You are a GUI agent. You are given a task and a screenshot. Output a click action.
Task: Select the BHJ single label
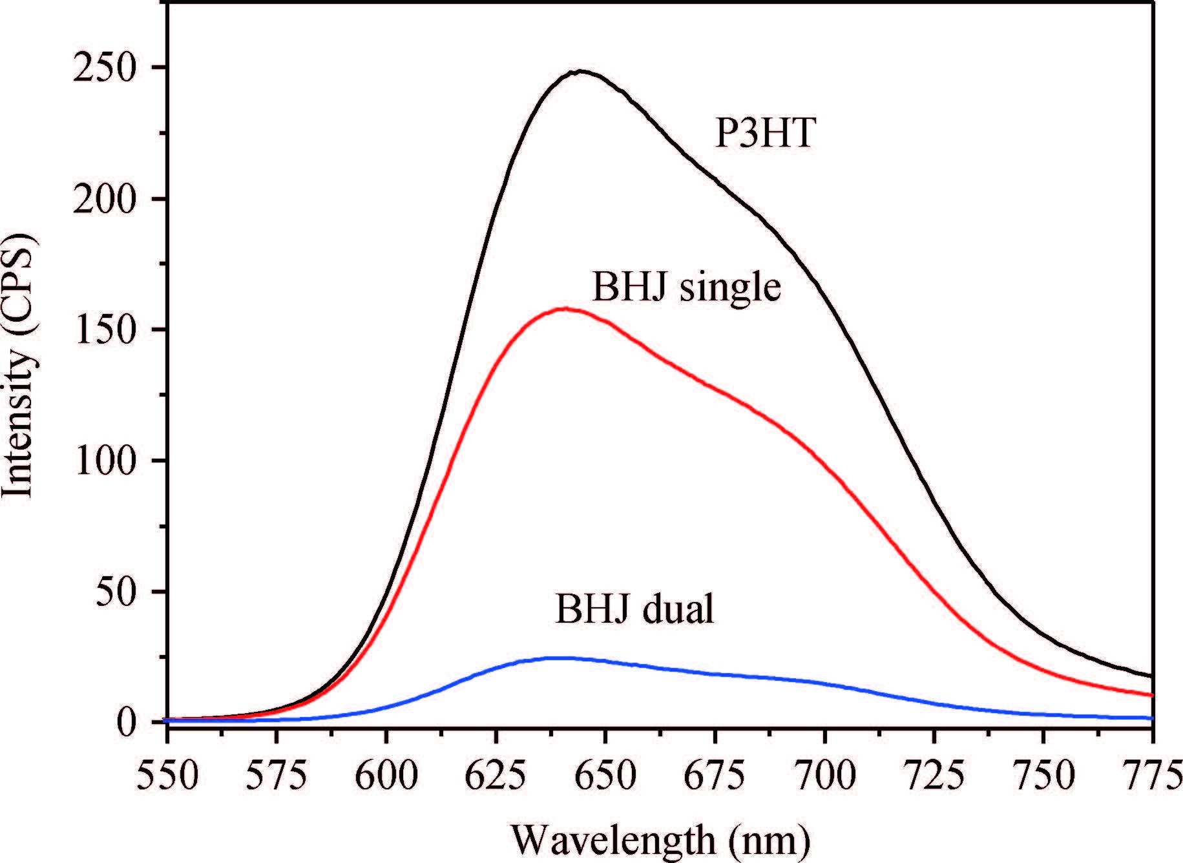coord(686,287)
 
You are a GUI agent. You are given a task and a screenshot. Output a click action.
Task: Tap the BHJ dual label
coord(634,608)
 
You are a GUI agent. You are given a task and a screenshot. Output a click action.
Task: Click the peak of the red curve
coord(565,309)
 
